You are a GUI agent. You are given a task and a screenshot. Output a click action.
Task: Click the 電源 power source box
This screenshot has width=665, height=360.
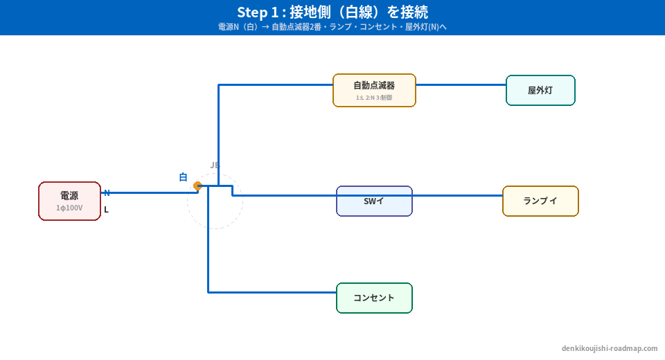point(69,201)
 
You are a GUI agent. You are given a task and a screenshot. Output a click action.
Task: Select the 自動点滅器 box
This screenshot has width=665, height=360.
point(374,90)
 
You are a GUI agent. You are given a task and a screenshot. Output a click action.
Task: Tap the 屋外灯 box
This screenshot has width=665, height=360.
point(540,90)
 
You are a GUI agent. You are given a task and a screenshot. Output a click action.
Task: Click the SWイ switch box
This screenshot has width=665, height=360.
point(374,201)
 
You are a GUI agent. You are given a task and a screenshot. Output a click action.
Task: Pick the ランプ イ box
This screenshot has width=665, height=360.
point(540,201)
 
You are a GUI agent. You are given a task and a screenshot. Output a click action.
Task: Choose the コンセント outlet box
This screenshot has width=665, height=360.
point(374,298)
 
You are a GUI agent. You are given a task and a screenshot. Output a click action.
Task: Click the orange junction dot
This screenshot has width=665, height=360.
point(197,186)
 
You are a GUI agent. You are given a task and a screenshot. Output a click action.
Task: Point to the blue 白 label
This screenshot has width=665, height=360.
point(183,177)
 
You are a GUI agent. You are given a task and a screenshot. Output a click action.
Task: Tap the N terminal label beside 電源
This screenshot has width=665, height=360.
point(107,193)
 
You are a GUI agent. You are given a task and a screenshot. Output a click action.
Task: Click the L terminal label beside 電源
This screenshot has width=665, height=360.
point(106,210)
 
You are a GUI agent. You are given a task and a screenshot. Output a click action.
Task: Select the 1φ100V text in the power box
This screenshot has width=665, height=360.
point(69,208)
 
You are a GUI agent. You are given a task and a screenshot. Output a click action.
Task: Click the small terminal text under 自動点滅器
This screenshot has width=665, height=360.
point(374,98)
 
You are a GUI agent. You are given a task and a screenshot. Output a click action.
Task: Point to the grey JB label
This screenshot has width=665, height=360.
point(215,165)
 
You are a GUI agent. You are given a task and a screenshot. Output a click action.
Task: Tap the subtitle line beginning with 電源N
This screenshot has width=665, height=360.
point(332,27)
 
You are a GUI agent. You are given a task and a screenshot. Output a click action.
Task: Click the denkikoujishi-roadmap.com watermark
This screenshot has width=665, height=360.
point(610,348)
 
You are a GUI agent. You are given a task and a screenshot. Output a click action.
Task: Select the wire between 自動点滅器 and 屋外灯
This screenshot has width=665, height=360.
point(461,85)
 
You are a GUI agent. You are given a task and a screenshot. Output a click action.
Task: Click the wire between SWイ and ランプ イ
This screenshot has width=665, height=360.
point(457,195)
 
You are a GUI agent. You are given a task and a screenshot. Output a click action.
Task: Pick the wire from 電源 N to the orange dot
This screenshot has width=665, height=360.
point(149,192)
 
